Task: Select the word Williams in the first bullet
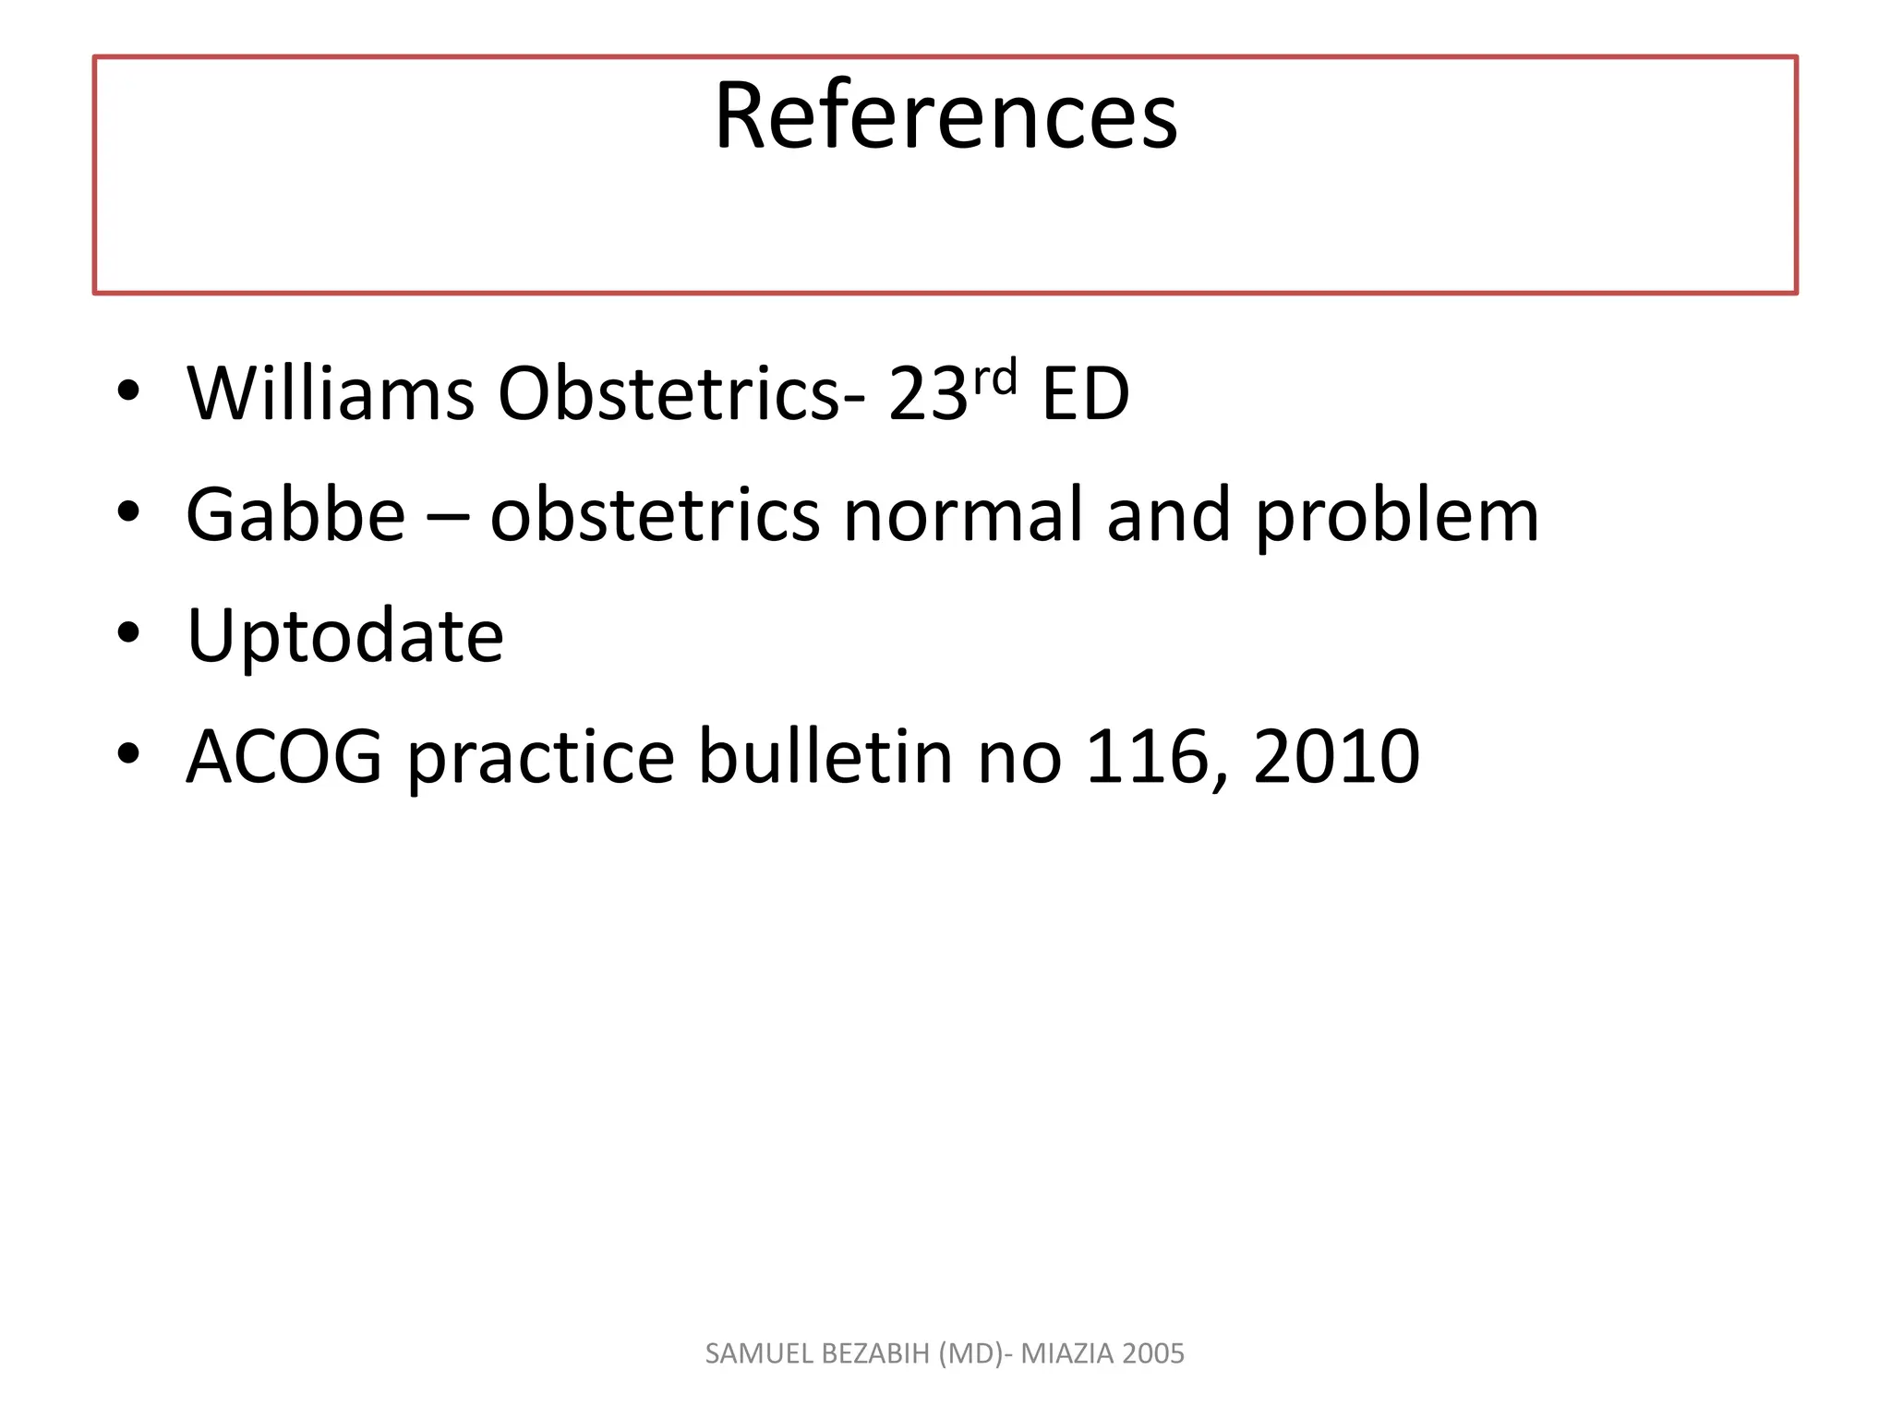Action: point(331,394)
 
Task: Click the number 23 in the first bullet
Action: point(927,394)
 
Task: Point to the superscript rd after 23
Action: point(995,378)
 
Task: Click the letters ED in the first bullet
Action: point(1085,394)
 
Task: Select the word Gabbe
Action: point(295,515)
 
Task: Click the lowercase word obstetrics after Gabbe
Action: point(655,515)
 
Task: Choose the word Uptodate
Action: point(345,637)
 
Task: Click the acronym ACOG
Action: point(284,757)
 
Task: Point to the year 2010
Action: point(1336,757)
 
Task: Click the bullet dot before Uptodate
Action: point(128,633)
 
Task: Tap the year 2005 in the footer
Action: point(1154,1353)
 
